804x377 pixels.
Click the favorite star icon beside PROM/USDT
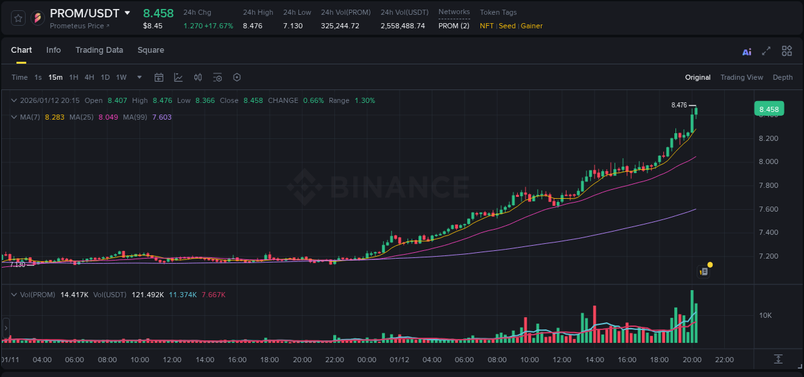[19, 18]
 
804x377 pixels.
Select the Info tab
[53, 50]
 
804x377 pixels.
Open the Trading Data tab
[99, 50]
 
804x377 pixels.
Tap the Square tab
[151, 50]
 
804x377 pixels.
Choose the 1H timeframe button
[74, 77]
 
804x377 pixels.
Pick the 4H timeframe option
[89, 77]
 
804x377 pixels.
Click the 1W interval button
[121, 77]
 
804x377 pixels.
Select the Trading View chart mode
[742, 77]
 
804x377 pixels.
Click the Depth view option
[783, 77]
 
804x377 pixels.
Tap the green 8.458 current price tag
[769, 109]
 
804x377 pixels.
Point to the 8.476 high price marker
[679, 105]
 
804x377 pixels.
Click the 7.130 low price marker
[17, 264]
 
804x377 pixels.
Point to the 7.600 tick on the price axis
[769, 209]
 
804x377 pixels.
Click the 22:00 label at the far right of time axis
[724, 360]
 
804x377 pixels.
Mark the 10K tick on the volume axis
[765, 315]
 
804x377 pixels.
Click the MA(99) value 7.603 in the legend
[162, 117]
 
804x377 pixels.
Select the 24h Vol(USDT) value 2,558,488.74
[403, 26]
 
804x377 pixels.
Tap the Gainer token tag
[532, 26]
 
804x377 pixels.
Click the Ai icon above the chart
[747, 52]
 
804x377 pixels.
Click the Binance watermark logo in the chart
[378, 187]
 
